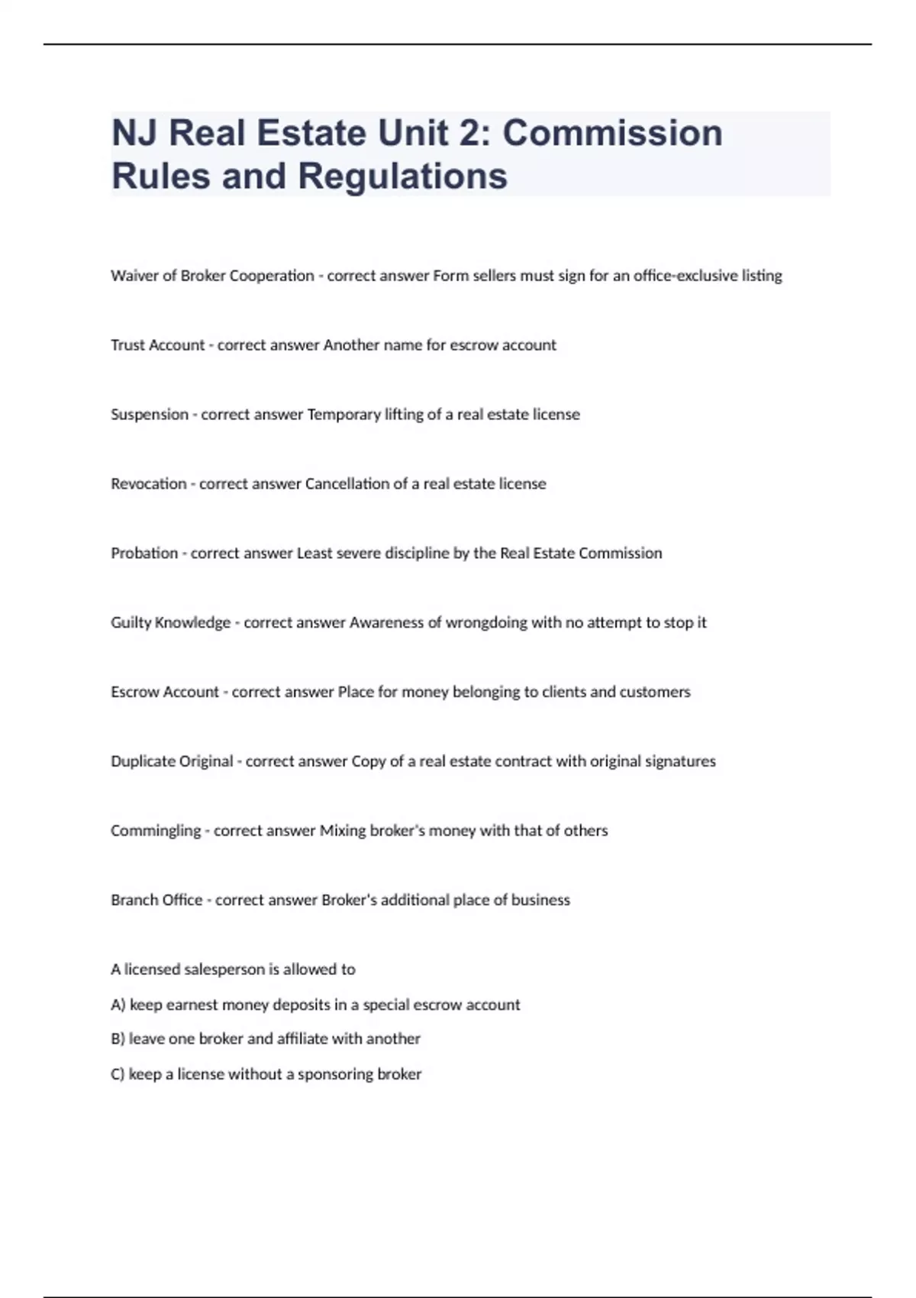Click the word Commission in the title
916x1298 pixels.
612,133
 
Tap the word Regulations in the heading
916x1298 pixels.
402,176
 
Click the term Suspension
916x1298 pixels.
150,415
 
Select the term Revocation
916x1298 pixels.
149,484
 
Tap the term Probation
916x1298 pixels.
144,554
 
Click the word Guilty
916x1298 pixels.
131,623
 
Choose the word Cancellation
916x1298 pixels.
347,484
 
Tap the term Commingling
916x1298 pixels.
156,831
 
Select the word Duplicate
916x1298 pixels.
140,761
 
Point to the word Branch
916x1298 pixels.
134,900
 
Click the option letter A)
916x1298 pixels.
118,1005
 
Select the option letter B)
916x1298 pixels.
118,1039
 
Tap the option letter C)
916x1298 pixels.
118,1074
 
